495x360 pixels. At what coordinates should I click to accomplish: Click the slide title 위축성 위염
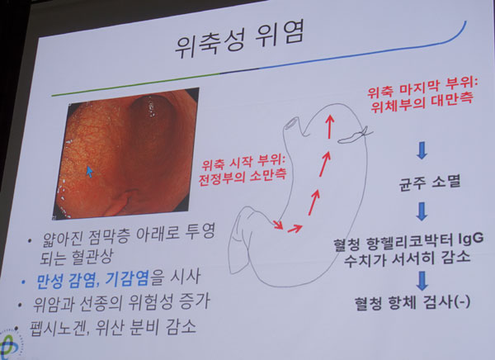click(238, 40)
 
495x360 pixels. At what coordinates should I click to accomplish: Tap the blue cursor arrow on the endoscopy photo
click(90, 172)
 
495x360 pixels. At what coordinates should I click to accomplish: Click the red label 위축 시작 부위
click(243, 163)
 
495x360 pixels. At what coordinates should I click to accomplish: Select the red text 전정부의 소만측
click(242, 178)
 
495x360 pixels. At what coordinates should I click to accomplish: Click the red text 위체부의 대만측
click(422, 103)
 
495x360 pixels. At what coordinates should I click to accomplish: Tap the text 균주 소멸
click(430, 182)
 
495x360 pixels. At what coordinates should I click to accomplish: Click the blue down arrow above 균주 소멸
click(422, 151)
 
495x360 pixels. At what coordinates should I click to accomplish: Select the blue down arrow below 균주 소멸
click(422, 211)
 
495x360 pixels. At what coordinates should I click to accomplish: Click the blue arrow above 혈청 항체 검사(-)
click(422, 281)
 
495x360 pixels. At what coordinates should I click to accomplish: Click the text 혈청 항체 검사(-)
click(412, 302)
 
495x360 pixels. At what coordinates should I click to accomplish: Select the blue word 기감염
click(127, 279)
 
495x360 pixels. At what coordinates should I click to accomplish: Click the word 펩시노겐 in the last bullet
click(58, 329)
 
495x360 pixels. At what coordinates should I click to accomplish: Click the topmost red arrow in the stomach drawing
click(330, 126)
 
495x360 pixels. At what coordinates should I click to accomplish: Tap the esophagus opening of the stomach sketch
click(292, 123)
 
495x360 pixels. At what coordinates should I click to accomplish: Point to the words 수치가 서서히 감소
click(407, 257)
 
